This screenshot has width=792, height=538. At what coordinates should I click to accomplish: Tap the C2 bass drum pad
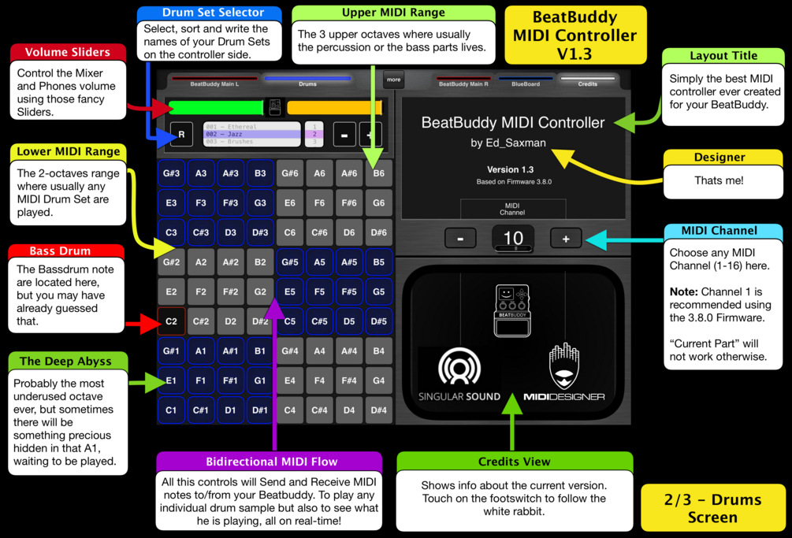tap(171, 321)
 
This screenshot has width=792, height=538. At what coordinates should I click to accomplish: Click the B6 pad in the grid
tap(378, 173)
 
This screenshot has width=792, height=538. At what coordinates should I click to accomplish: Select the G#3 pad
tap(171, 173)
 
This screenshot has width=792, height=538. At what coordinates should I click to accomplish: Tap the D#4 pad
tap(378, 410)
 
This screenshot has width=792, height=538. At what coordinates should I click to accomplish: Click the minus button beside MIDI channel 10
tap(460, 238)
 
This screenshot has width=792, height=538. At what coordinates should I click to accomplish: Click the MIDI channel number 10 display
tap(513, 238)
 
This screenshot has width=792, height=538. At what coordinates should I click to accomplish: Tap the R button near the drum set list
tap(181, 135)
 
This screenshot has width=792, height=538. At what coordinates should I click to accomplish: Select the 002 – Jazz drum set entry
tap(252, 135)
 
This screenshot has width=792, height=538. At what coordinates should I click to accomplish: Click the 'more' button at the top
tap(393, 80)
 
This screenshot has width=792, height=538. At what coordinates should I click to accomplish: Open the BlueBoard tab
tap(526, 83)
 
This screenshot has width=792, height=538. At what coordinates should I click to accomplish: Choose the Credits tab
tap(587, 83)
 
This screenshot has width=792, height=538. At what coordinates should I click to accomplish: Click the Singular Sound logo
tap(459, 374)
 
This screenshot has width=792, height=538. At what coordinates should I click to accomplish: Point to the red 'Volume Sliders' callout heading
tap(68, 53)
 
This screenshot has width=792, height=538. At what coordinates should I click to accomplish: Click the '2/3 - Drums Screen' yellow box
tap(712, 508)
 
